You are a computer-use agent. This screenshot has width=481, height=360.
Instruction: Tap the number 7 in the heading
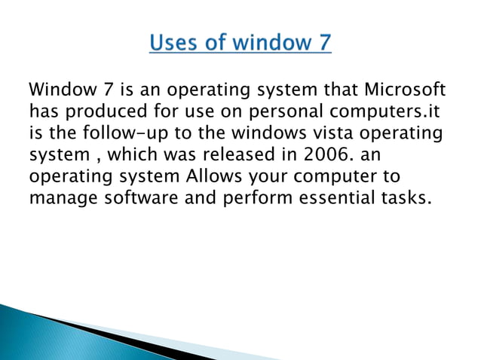322,42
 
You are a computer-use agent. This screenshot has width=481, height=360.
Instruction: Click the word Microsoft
406,91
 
